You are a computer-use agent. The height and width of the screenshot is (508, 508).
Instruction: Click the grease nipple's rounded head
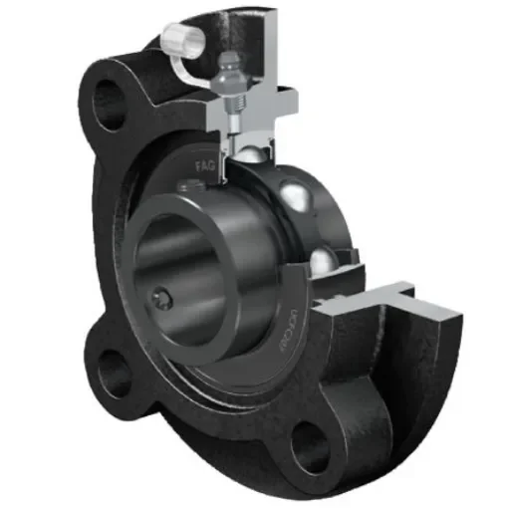coord(231,63)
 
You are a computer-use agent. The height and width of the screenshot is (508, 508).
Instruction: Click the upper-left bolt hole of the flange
coord(108,100)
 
